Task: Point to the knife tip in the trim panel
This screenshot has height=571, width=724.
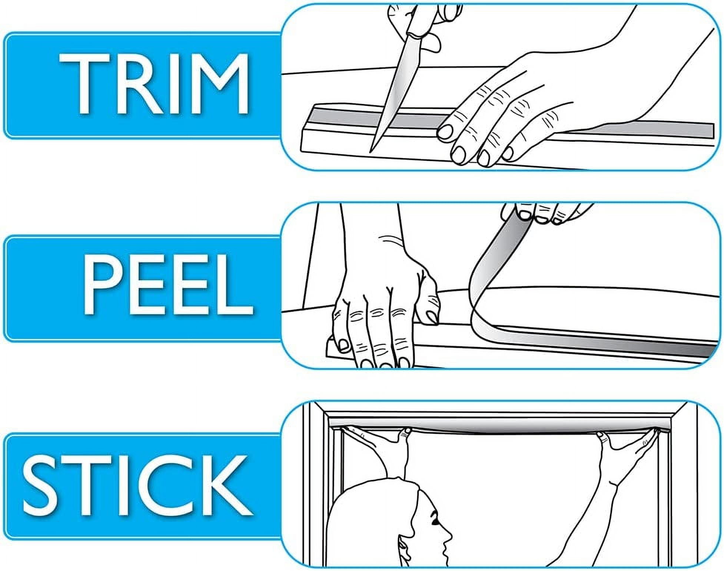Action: click(x=371, y=151)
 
